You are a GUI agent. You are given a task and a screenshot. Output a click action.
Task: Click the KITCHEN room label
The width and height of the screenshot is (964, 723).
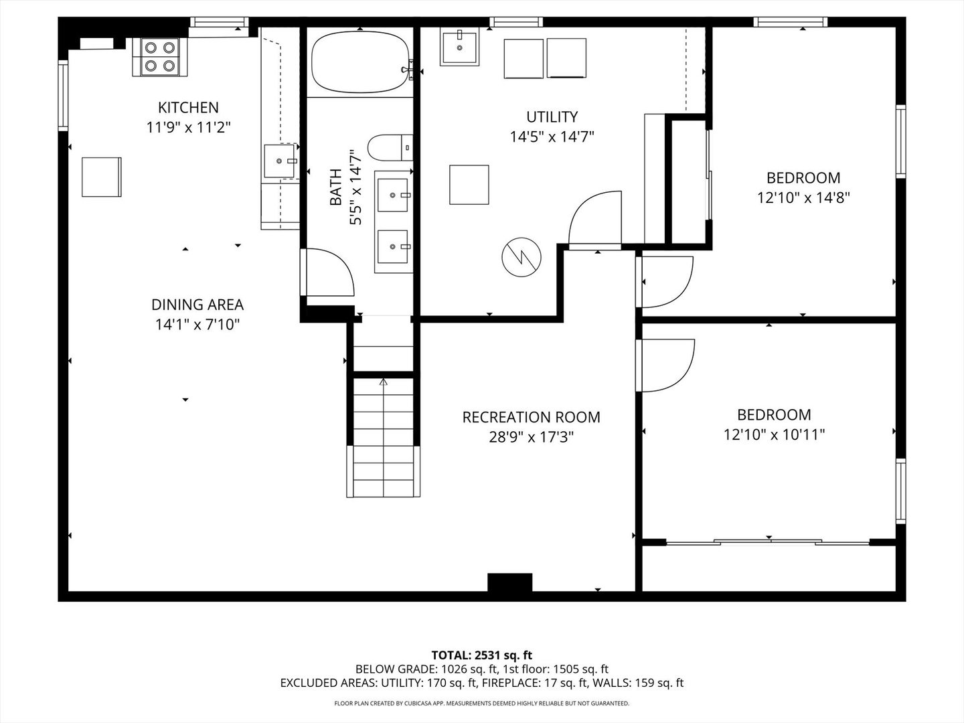click(188, 108)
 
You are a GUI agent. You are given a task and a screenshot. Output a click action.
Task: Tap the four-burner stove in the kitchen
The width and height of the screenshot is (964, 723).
click(160, 57)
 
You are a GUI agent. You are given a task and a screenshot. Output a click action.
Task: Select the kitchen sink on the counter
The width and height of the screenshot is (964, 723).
click(280, 161)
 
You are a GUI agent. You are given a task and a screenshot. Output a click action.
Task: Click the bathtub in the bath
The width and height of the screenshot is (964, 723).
click(361, 62)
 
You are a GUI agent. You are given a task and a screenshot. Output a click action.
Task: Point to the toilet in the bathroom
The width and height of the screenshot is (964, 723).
click(390, 148)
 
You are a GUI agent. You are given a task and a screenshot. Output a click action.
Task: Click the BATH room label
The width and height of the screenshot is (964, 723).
click(335, 187)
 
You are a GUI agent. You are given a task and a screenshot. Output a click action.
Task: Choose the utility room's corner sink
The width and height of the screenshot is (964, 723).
click(459, 48)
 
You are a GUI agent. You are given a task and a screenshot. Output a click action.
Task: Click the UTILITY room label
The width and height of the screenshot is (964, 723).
click(552, 116)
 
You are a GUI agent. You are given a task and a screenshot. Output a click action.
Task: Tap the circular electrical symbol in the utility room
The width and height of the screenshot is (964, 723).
click(521, 257)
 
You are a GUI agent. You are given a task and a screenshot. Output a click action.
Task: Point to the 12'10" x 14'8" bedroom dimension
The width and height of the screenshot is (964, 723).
click(803, 198)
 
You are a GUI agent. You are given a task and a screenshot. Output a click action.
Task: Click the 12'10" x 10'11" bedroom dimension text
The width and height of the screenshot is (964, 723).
click(775, 435)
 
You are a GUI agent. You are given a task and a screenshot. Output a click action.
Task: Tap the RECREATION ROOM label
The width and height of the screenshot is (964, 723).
click(532, 417)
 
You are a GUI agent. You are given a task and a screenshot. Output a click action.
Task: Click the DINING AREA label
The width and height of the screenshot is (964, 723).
click(197, 305)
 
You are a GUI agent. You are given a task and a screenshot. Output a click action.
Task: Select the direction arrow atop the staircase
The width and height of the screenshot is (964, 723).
click(384, 382)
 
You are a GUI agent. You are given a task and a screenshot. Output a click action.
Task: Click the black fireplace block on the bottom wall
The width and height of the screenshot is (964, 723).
click(510, 582)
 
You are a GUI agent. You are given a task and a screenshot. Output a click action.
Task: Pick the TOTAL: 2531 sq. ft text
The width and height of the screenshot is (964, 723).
click(482, 655)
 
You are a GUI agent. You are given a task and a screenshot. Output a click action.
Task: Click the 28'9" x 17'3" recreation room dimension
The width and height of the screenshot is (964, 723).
click(532, 437)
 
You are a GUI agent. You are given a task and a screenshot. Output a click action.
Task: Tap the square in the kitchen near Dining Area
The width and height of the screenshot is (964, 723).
click(102, 177)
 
